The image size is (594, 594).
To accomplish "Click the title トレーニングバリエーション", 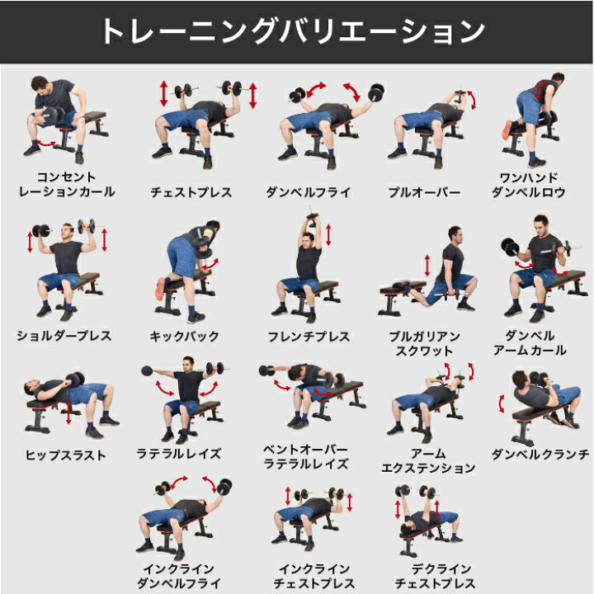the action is click(x=294, y=31).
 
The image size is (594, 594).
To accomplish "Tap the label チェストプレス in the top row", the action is click(x=191, y=192).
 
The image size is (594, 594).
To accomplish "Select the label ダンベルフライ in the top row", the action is click(x=308, y=192).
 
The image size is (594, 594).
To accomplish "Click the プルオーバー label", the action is click(x=424, y=192).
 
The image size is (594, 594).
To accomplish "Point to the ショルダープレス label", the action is click(x=64, y=336).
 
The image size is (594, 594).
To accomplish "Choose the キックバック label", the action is click(x=185, y=336).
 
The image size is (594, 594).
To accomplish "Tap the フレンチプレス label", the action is click(x=309, y=336).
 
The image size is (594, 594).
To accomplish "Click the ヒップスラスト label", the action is click(x=65, y=455).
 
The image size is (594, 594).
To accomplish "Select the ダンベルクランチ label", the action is click(x=540, y=454).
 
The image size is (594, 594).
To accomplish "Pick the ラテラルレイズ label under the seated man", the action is click(x=178, y=454).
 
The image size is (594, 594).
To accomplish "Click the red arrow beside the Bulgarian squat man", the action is click(x=427, y=265).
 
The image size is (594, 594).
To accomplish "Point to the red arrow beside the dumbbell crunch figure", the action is click(x=502, y=403).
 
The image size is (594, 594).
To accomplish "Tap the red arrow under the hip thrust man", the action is click(x=68, y=413).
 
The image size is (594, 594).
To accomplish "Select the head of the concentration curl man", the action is click(x=40, y=86).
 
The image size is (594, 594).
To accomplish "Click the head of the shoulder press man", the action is click(x=68, y=231).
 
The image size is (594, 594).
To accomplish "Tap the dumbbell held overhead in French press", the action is click(x=313, y=217).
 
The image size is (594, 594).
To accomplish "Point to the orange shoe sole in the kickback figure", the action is click(x=160, y=289).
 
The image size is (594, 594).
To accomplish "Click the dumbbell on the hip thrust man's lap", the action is click(x=74, y=379).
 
